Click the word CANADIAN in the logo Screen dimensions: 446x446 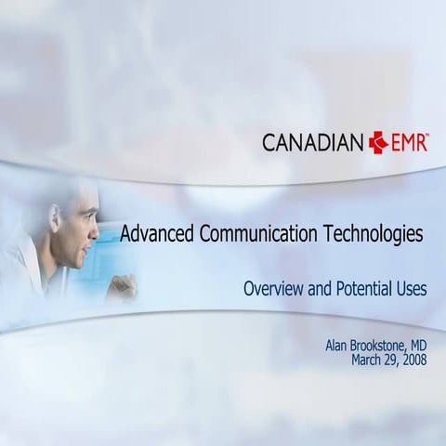tap(313, 142)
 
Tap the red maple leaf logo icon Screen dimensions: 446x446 tap(378, 142)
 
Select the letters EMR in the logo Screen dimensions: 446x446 tap(408, 142)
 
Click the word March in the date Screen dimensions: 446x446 tap(368, 360)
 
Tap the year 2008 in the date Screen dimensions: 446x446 tap(413, 360)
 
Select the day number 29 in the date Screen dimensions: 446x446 tap(390, 360)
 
